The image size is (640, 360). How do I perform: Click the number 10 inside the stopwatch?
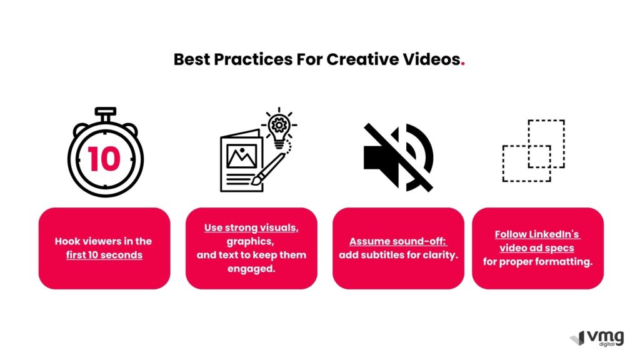104,159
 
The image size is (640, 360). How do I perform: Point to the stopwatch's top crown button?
105,111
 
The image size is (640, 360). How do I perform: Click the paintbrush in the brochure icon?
269,169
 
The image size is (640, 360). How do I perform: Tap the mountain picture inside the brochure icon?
242,156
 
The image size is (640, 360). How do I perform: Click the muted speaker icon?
399,157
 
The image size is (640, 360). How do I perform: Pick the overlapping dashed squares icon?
534,151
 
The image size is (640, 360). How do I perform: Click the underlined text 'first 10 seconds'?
104,255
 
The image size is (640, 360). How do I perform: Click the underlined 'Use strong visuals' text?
251,227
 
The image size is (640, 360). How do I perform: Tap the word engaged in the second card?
251,269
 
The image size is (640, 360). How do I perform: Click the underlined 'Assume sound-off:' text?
398,241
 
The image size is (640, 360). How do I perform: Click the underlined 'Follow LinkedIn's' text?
537,234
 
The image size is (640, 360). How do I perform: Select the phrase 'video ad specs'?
537,248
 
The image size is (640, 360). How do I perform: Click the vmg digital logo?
597,338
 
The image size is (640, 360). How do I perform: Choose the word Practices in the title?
253,59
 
